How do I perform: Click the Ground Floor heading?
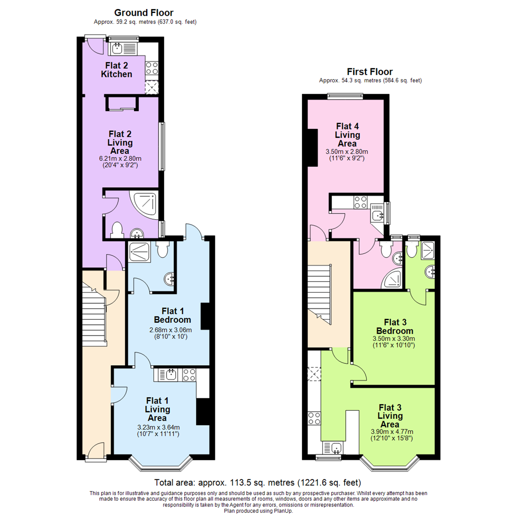tap(144, 13)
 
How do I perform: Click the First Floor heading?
tap(370, 72)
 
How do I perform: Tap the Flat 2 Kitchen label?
tap(116, 69)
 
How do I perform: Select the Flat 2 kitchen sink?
tap(123, 48)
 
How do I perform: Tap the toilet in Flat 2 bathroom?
tap(116, 231)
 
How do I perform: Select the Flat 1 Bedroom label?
tap(172, 315)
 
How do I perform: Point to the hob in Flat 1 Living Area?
tap(188, 375)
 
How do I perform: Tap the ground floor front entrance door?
tap(95, 451)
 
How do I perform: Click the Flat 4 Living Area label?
tap(347, 135)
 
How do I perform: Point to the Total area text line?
tap(258, 482)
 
